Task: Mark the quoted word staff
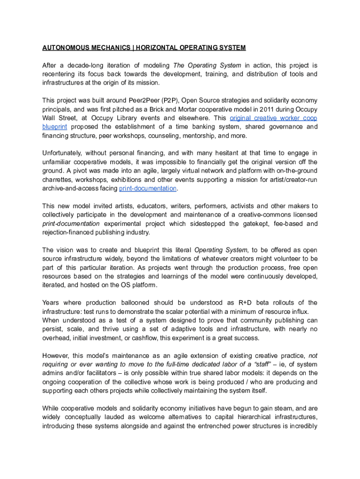coord(261,364)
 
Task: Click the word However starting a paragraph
coord(57,356)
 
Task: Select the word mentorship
coord(198,136)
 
